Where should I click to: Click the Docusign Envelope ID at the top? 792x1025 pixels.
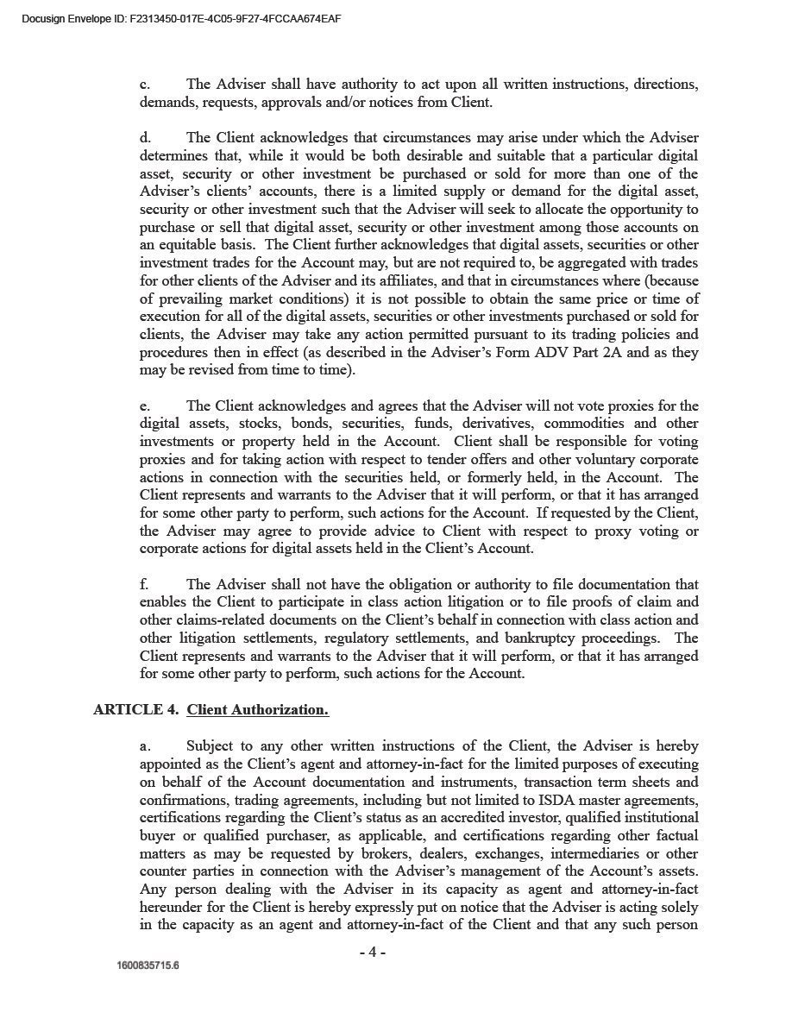pyautogui.click(x=180, y=16)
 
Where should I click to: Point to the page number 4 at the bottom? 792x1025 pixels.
pyautogui.click(x=372, y=953)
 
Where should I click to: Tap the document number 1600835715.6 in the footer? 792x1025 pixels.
pyautogui.click(x=148, y=965)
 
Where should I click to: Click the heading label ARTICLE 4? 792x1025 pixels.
pyautogui.click(x=136, y=710)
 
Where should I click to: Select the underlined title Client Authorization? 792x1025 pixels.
pyautogui.click(x=257, y=710)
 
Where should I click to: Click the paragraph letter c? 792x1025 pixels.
pyautogui.click(x=145, y=85)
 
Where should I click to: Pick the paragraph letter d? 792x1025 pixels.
pyautogui.click(x=145, y=138)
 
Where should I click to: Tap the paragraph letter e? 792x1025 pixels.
pyautogui.click(x=145, y=406)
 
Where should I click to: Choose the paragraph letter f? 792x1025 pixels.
pyautogui.click(x=144, y=585)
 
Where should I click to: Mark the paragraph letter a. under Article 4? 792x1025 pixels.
pyautogui.click(x=145, y=746)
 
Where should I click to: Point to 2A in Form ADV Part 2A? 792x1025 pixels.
pyautogui.click(x=612, y=353)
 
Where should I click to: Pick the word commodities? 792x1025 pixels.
pyautogui.click(x=584, y=424)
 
